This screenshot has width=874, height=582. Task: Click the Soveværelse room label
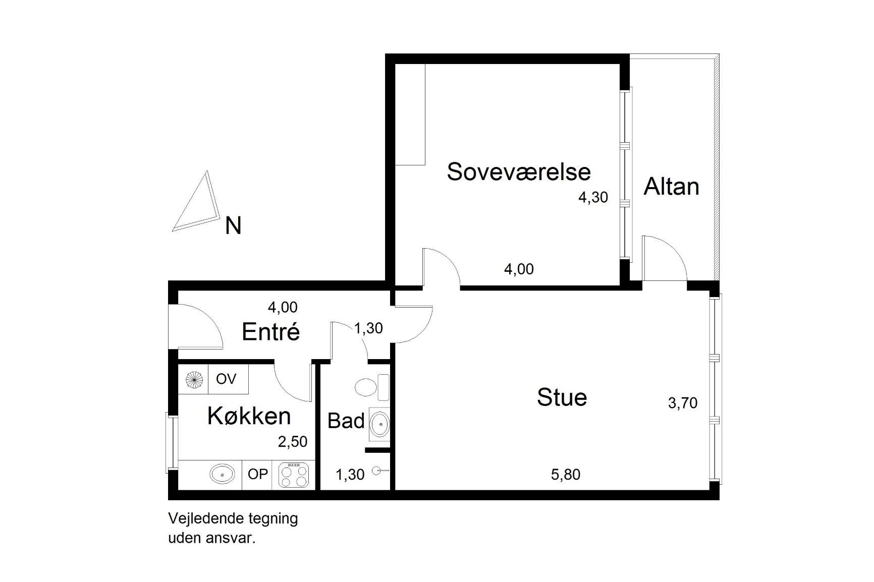[519, 171]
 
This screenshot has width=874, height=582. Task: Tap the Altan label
[671, 187]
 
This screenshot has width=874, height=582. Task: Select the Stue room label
[562, 397]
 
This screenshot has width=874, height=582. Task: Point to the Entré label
[271, 331]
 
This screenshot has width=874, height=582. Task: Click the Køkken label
[249, 416]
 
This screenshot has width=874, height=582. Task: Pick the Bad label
[346, 421]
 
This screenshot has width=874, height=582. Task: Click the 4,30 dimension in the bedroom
[593, 197]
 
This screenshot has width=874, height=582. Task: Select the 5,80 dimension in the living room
[566, 475]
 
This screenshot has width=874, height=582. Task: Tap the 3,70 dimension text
[683, 403]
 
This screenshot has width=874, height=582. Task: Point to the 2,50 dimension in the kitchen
[293, 442]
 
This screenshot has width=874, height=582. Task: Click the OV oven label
[226, 379]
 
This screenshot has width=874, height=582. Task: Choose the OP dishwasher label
[258, 475]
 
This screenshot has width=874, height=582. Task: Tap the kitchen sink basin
[223, 475]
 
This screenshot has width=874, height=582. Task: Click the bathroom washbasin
[379, 424]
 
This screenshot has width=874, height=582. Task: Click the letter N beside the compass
[233, 225]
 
